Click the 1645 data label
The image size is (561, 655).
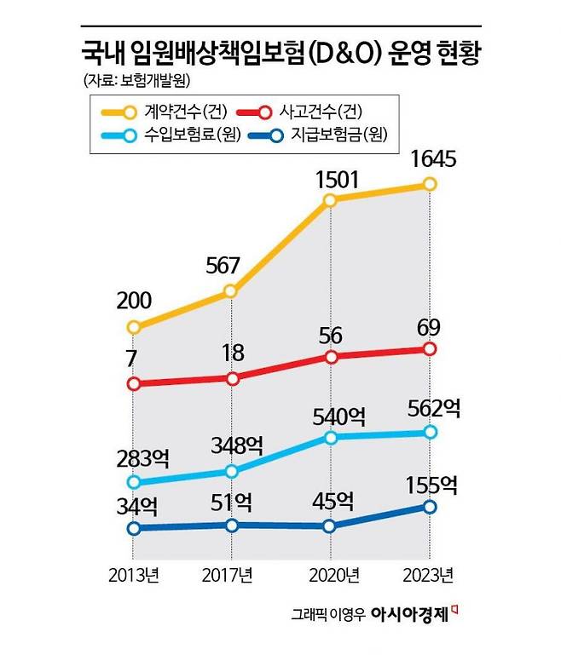432,159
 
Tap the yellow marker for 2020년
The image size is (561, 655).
330,201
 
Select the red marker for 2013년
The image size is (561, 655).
133,384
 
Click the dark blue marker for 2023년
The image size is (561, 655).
430,507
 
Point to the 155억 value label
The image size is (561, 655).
434,485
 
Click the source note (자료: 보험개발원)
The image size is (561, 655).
137,81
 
